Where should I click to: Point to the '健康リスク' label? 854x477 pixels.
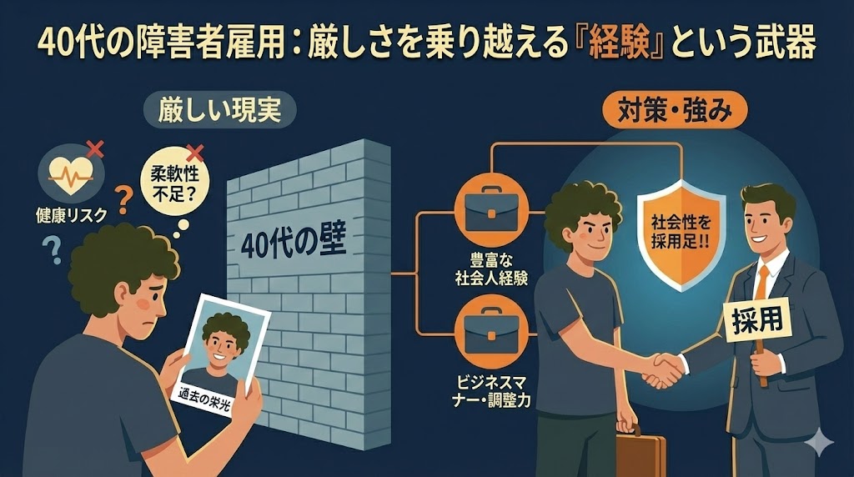click(x=73, y=214)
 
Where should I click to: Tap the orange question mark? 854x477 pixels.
click(x=125, y=199)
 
